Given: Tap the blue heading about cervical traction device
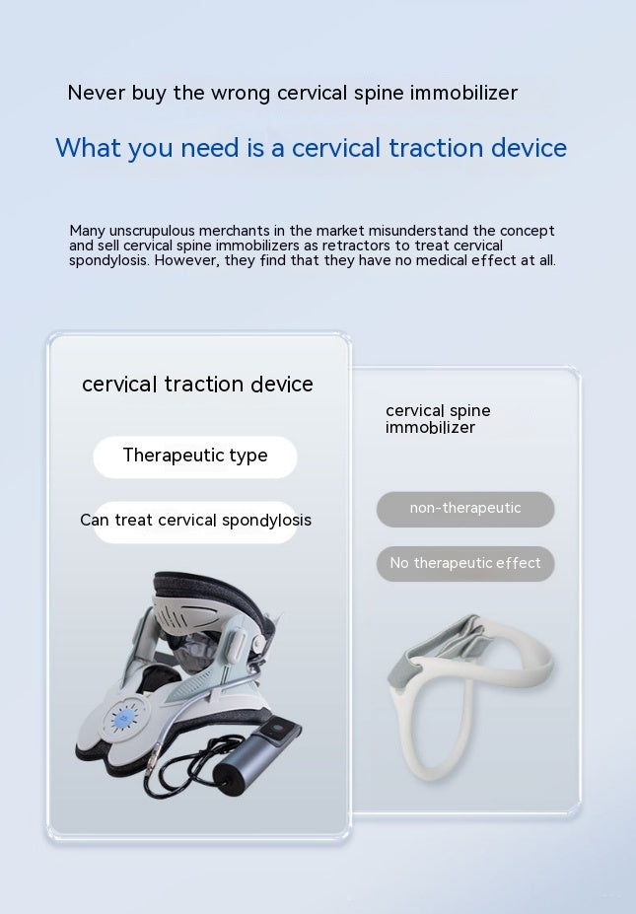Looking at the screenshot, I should [311, 148].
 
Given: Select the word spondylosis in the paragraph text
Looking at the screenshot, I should [109, 261].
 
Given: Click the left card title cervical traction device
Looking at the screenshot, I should [197, 385].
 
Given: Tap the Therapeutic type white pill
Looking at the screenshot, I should [195, 457].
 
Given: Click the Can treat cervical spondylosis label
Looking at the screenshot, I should [195, 521].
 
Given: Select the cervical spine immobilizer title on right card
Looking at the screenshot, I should [438, 419].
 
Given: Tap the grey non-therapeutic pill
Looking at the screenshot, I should [465, 509].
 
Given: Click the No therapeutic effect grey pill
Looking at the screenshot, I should [465, 564].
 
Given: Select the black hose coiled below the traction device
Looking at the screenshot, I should [173, 774].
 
